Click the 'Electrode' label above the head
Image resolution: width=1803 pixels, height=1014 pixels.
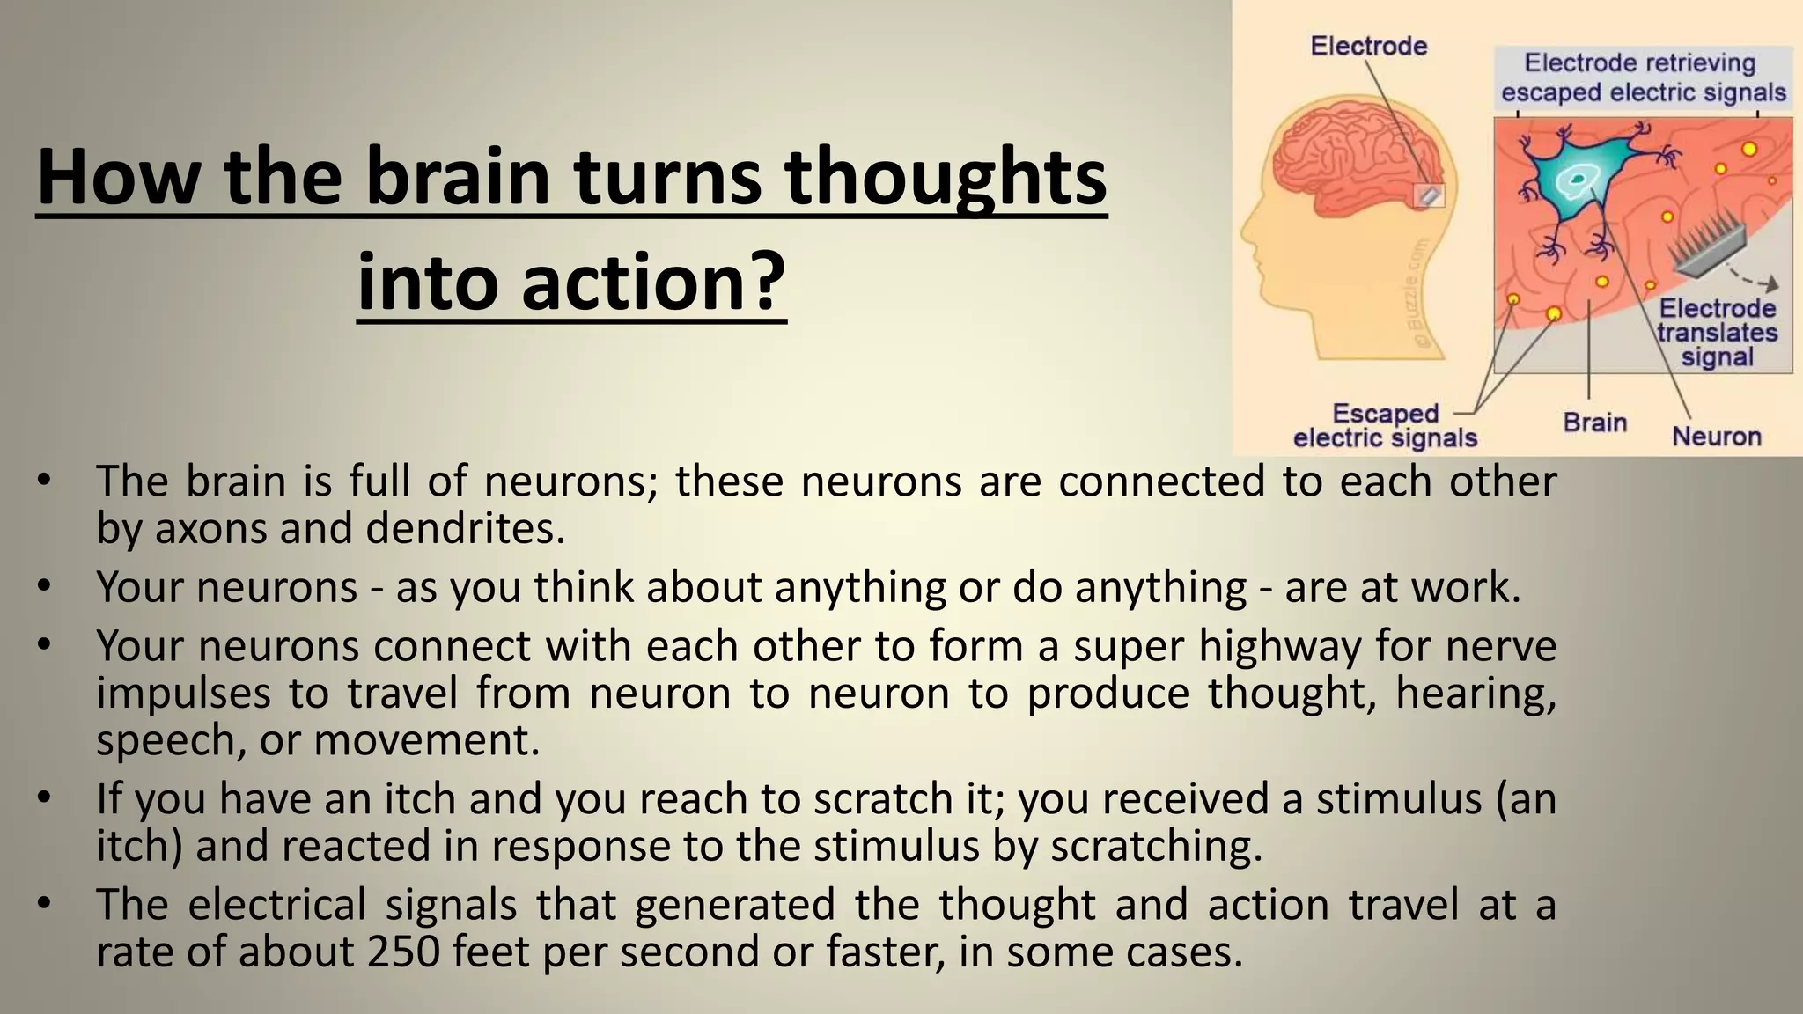(x=1368, y=46)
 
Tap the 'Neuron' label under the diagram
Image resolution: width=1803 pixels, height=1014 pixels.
(x=1716, y=437)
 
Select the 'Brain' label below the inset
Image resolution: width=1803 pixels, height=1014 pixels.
(x=1594, y=422)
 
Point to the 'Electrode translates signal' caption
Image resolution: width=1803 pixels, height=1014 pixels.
(x=1717, y=333)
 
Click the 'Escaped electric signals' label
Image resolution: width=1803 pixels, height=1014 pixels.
(x=1385, y=426)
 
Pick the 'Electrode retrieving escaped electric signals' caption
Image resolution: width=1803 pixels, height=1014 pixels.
(x=1643, y=77)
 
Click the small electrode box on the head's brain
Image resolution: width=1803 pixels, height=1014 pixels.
(x=1428, y=195)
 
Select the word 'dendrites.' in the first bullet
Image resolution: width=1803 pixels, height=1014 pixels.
(x=465, y=528)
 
